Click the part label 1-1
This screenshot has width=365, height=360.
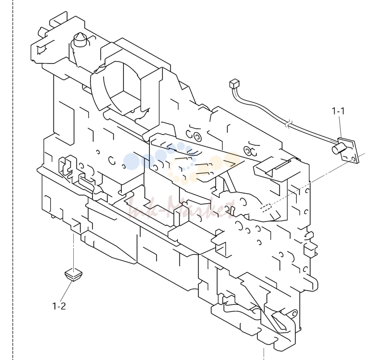pyautogui.click(x=338, y=111)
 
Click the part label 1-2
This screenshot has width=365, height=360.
pyautogui.click(x=59, y=306)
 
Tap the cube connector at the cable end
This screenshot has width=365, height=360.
pyautogui.click(x=234, y=84)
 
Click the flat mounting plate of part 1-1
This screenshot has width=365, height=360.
pyautogui.click(x=349, y=151)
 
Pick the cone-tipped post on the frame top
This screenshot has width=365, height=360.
pyautogui.click(x=80, y=39)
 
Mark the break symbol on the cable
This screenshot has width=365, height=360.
pyautogui.click(x=288, y=124)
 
